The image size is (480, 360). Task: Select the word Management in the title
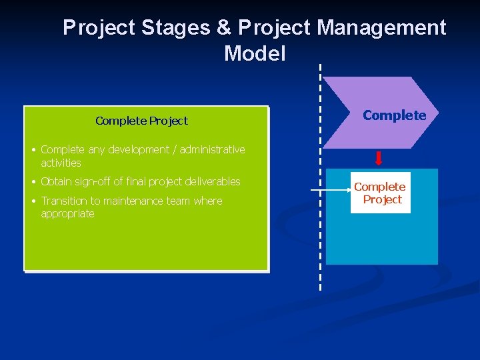tap(381, 28)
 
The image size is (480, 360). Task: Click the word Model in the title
tap(255, 53)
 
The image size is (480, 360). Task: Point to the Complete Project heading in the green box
tap(141, 121)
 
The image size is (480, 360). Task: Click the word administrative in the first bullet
tap(212, 149)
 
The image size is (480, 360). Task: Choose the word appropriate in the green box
tap(67, 213)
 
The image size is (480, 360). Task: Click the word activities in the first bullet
tap(61, 163)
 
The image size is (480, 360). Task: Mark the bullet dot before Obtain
tap(33, 182)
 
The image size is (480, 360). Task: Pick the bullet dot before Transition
tap(33, 201)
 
